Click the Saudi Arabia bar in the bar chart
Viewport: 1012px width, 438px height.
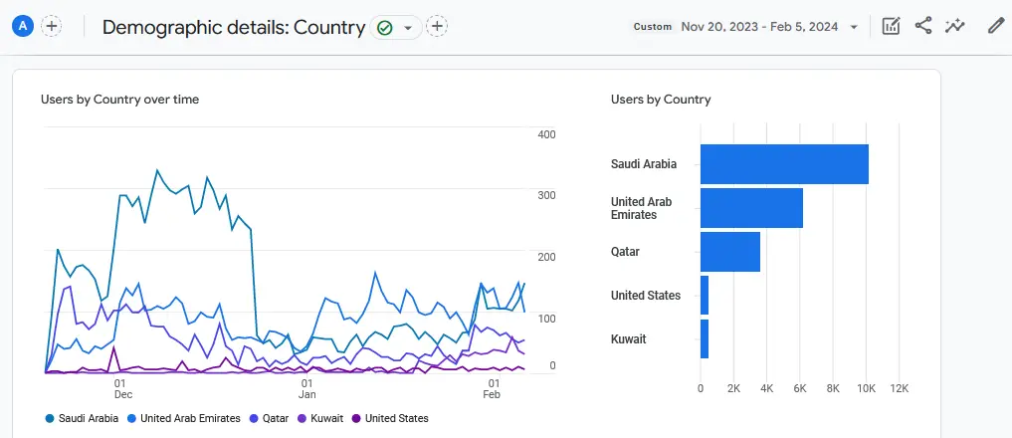coord(784,164)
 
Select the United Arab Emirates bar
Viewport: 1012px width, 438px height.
coord(751,208)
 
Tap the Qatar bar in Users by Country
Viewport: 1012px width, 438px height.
coord(730,252)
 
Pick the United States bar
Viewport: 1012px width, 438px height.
coord(705,296)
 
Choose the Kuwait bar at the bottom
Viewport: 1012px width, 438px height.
coord(705,339)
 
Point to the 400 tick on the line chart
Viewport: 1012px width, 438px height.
coord(546,134)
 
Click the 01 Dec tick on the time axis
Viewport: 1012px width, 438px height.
coord(119,388)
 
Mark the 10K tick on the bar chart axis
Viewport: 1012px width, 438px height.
coord(866,388)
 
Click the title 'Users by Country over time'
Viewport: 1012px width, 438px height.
coord(119,100)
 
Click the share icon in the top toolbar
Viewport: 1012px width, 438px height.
coord(923,27)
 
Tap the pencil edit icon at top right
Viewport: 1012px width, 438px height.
coord(996,27)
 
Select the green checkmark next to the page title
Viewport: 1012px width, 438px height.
coord(385,28)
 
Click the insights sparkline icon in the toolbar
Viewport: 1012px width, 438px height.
coord(955,27)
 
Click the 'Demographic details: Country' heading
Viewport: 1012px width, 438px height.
coord(234,28)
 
